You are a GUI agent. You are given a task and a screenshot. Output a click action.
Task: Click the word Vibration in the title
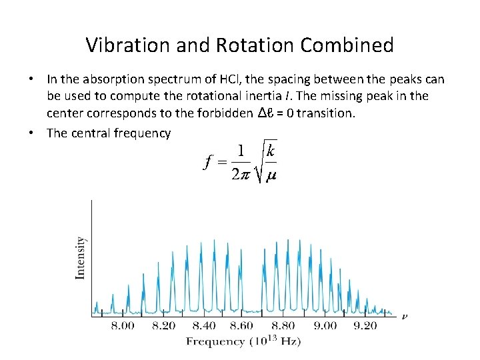click(x=129, y=45)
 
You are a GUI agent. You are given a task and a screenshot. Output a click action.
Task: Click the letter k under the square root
click(x=270, y=151)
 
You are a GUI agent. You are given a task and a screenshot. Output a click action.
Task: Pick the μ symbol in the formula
click(x=271, y=176)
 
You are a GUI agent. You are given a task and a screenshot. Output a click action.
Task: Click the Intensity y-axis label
click(x=80, y=257)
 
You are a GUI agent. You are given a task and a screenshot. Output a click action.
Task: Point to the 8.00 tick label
click(x=122, y=326)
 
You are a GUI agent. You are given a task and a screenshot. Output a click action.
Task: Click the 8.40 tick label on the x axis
click(x=203, y=326)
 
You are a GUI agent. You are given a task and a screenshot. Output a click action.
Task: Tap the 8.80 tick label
click(x=283, y=326)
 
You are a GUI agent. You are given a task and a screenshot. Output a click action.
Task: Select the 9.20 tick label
click(x=365, y=326)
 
